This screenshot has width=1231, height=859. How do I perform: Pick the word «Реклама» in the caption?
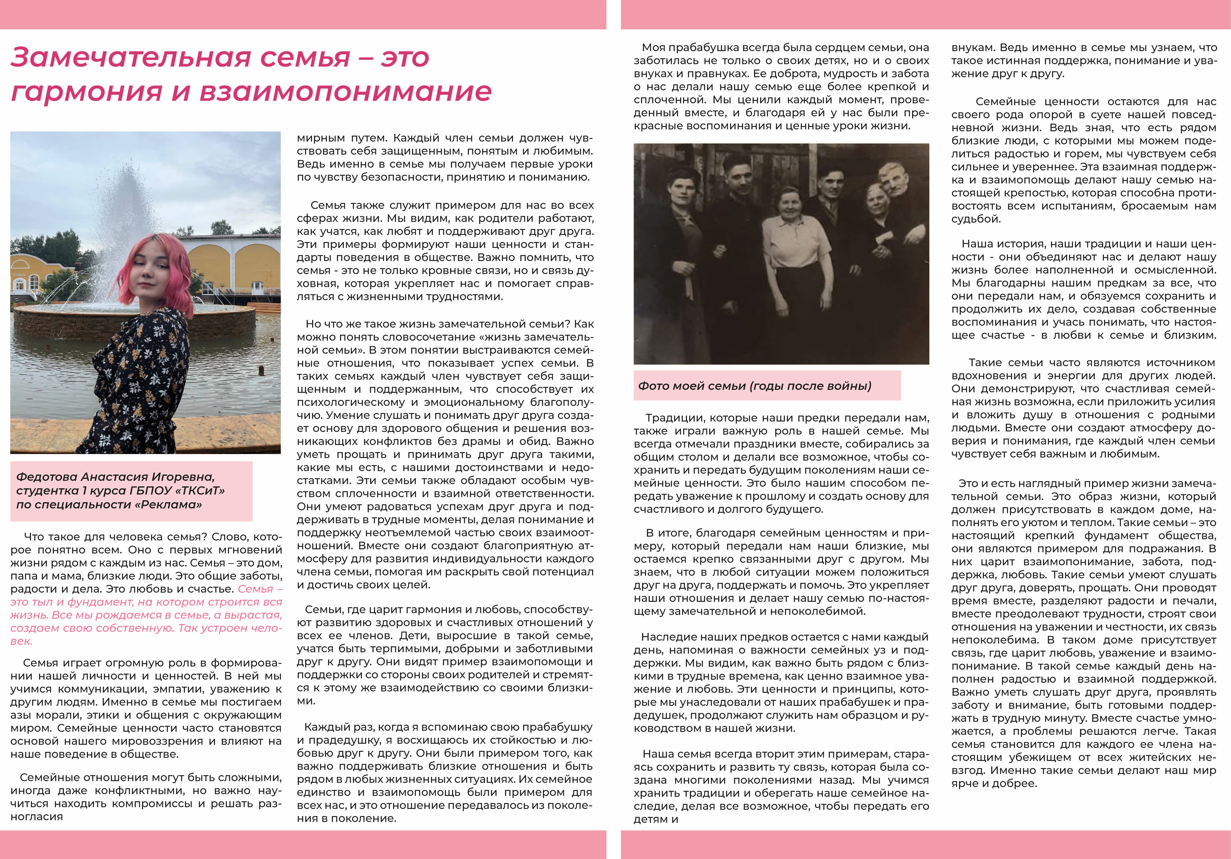(x=176, y=505)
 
